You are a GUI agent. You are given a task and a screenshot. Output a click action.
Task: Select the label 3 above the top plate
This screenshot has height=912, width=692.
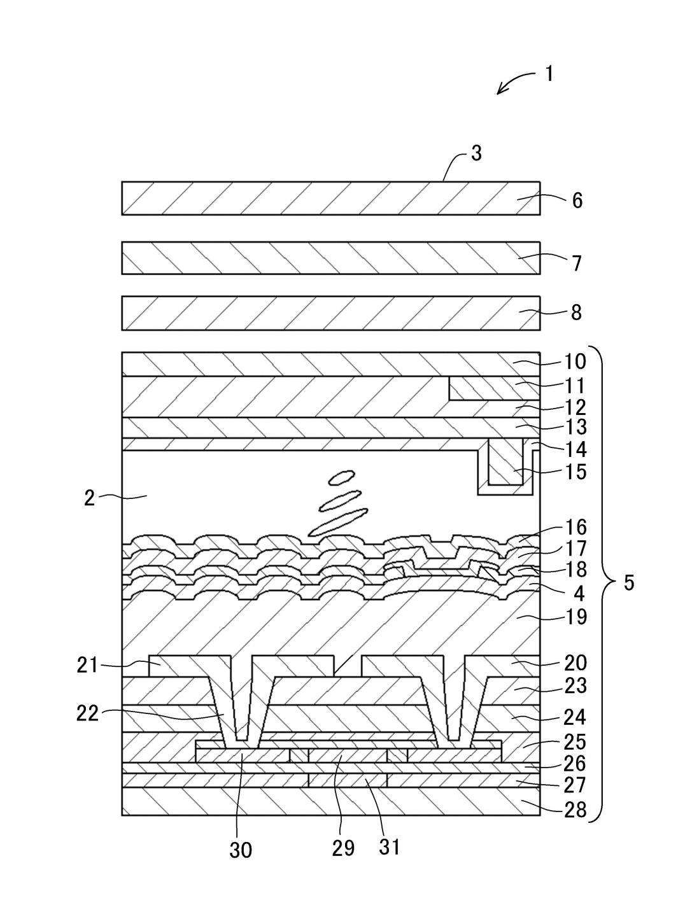[476, 153]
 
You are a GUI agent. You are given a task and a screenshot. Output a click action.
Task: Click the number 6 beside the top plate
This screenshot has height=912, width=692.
[577, 200]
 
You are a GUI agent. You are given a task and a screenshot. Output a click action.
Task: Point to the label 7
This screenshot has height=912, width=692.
[577, 263]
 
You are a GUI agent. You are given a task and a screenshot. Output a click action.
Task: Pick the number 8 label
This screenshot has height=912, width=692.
[576, 312]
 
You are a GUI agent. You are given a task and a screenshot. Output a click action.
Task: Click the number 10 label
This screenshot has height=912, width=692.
[575, 361]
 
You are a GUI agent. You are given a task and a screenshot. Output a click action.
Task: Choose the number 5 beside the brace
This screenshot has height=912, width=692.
[628, 582]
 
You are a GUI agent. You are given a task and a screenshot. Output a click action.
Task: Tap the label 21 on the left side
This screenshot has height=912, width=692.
[88, 666]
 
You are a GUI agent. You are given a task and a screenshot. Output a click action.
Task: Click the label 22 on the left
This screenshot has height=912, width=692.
[88, 713]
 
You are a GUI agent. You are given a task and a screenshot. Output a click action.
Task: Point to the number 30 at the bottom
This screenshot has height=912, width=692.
[241, 849]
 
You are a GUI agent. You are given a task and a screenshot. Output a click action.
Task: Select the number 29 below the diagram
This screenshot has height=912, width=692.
[343, 848]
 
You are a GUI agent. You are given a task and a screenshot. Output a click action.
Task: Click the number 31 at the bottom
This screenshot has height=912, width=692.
[390, 847]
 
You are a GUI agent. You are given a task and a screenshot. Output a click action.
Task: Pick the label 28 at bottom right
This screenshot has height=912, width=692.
[575, 810]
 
